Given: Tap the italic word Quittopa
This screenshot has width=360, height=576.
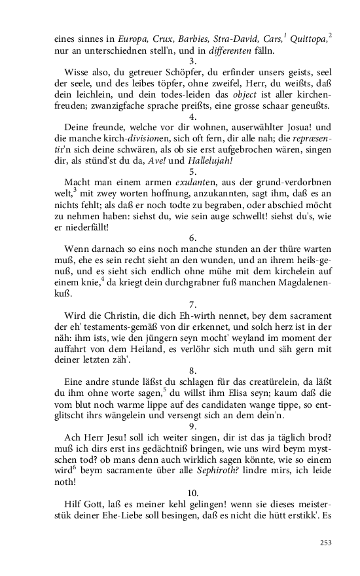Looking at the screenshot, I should pos(307,39).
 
